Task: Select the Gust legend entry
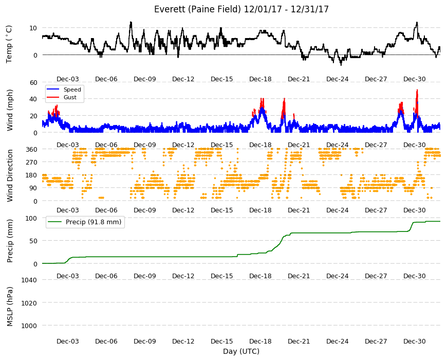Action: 62,97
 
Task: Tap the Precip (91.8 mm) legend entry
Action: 85,222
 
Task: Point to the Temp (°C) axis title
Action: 9,44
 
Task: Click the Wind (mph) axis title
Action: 10,110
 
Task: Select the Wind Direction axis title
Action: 10,176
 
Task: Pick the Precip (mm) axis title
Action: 10,241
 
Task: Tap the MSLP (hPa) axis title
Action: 10,307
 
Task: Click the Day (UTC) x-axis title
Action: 241,351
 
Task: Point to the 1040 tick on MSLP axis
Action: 29,280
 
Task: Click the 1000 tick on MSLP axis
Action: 29,326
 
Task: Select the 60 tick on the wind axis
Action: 33,83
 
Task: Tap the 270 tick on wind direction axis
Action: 31,163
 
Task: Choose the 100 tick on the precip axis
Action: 31,219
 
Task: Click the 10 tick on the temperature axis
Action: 33,28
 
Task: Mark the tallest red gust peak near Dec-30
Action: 417,90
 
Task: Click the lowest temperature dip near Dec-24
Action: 341,65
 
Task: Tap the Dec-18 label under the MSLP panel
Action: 260,341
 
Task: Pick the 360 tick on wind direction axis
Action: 31,150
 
